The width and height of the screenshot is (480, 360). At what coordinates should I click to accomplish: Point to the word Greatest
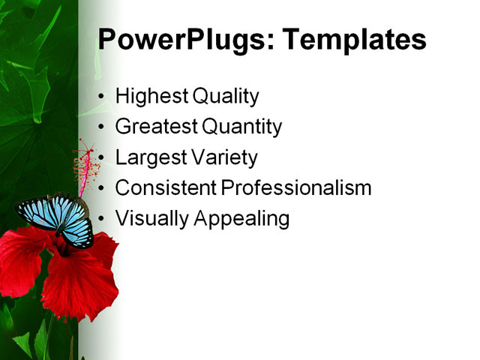coord(154,127)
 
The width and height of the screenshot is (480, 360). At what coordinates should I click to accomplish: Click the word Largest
coord(148,158)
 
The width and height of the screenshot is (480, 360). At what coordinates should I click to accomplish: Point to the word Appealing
coord(241,219)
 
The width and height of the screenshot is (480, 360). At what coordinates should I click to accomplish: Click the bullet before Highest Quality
coord(103,97)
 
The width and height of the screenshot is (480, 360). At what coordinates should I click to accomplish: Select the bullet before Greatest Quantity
coord(103,128)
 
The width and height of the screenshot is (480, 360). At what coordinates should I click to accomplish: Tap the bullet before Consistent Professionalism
coord(103,189)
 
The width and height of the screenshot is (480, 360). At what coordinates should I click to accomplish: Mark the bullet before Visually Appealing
coord(103,219)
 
